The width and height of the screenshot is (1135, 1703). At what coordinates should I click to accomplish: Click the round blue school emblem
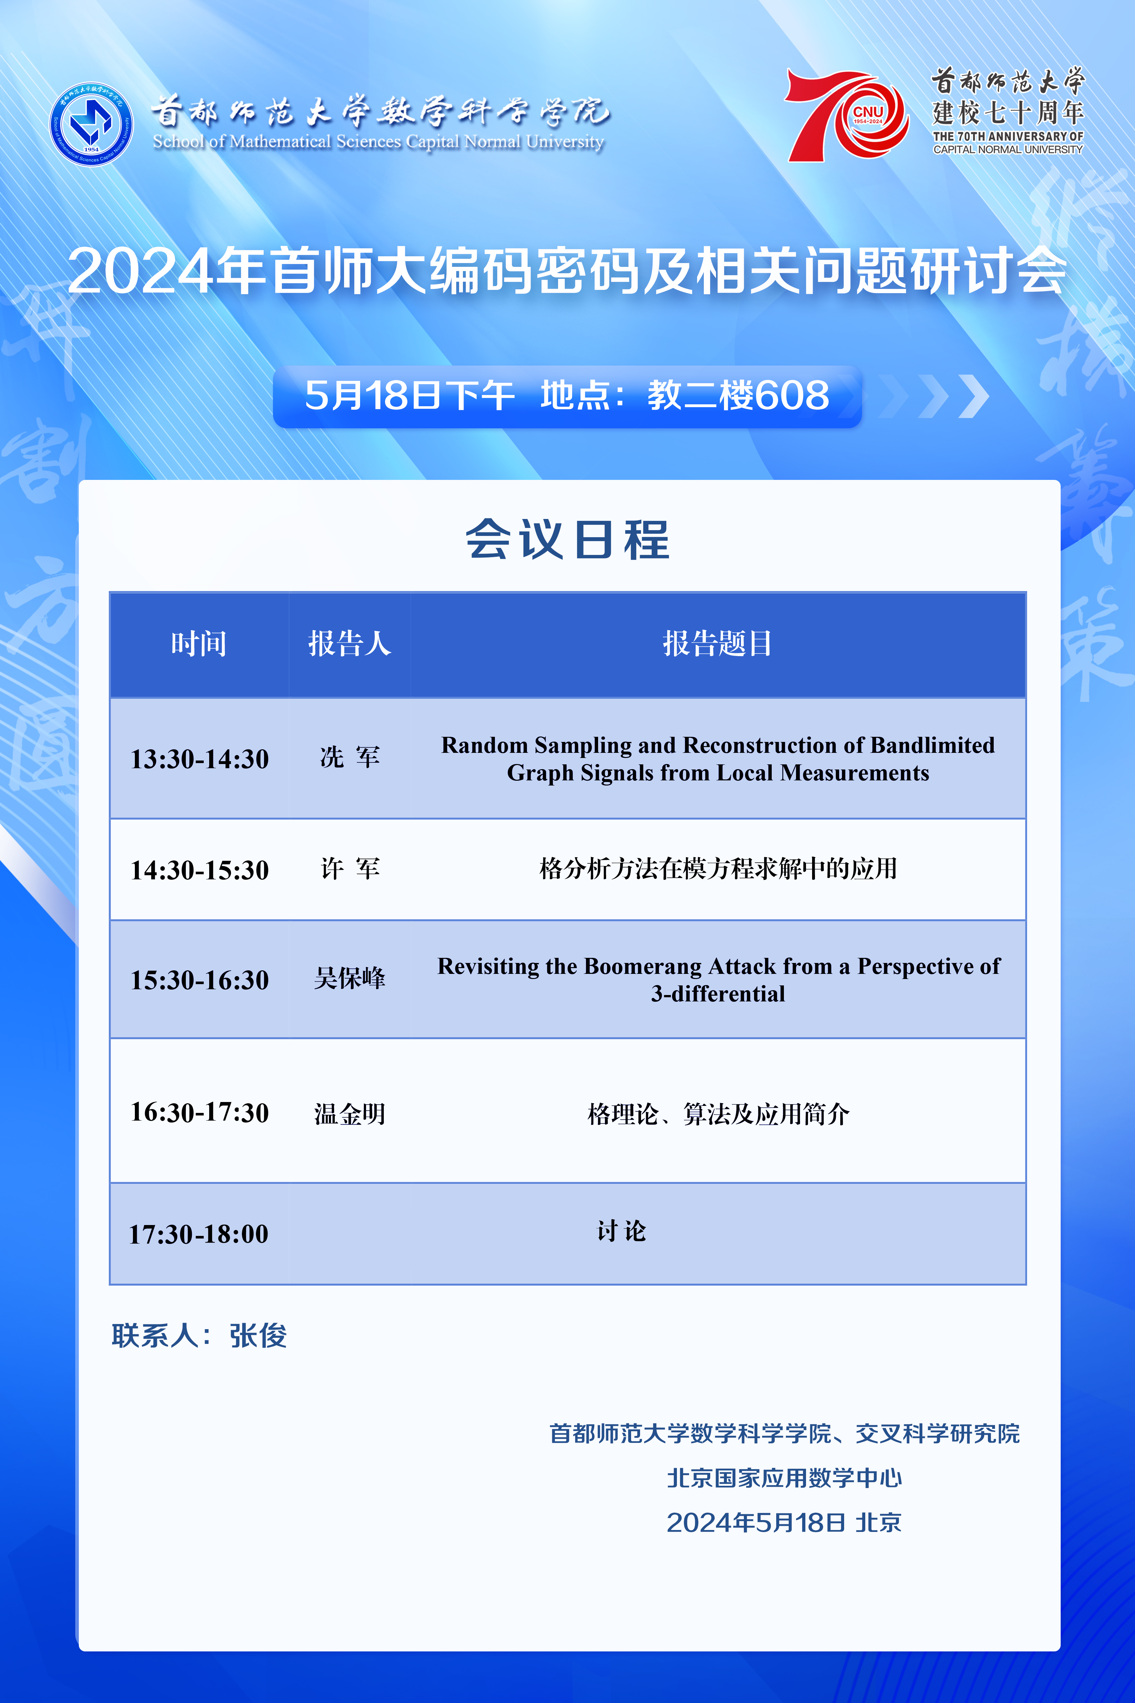click(x=91, y=124)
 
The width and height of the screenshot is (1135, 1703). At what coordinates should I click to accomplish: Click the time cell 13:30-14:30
click(x=199, y=759)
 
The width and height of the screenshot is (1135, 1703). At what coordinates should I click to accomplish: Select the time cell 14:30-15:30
click(x=199, y=869)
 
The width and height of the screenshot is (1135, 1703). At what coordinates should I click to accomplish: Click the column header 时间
click(x=198, y=643)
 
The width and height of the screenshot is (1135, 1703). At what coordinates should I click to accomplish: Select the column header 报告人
click(x=350, y=643)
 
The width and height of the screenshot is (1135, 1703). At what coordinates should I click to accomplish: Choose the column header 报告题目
click(x=717, y=643)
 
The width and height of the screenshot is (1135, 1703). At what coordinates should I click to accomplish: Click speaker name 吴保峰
click(x=350, y=978)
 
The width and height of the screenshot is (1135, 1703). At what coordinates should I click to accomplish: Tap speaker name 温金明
click(x=350, y=1113)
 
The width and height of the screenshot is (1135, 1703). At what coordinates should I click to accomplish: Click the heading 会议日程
click(x=568, y=539)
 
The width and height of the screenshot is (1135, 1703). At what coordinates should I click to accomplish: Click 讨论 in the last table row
click(x=621, y=1231)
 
